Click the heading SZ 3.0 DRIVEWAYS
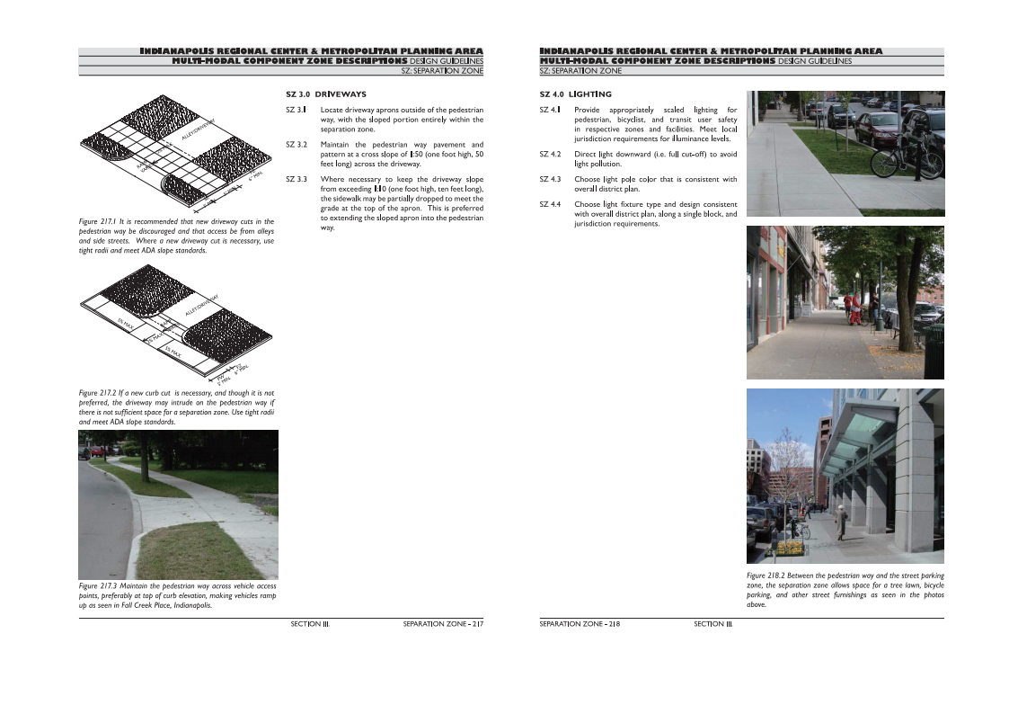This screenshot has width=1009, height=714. tap(325, 94)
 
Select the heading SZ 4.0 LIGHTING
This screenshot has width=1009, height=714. tap(575, 94)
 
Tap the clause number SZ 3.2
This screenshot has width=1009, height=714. tap(297, 145)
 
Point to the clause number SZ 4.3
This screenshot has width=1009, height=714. tap(551, 180)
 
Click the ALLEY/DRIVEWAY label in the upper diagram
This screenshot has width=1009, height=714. tap(199, 129)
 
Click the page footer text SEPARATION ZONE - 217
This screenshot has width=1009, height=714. tap(443, 623)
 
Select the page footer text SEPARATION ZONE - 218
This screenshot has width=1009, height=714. tap(580, 623)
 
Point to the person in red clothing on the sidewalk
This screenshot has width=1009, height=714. tap(854, 309)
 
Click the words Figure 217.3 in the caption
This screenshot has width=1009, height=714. tap(101, 587)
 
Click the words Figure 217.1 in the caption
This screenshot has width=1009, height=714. tap(101, 221)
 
